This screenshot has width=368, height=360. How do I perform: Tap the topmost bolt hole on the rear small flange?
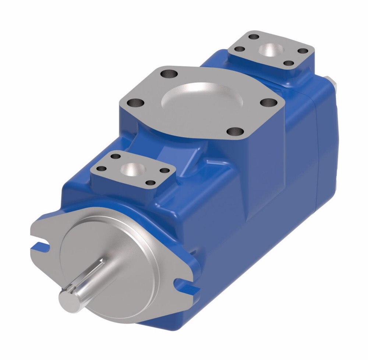point(254,37)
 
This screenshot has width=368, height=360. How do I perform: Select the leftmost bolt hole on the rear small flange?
point(240,49)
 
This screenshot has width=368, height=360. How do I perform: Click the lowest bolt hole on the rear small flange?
point(288,63)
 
